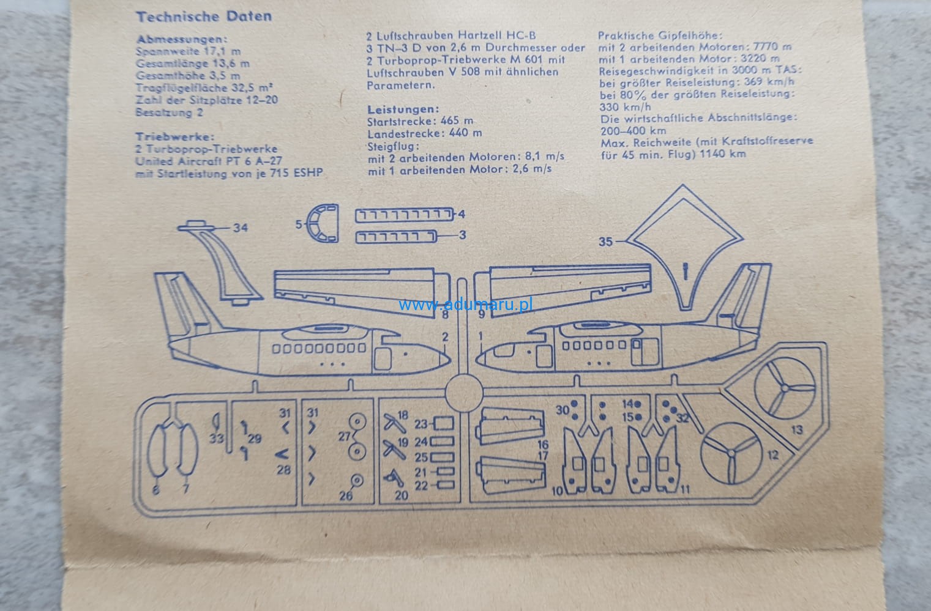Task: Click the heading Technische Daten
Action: coord(204,17)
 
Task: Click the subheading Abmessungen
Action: coord(182,39)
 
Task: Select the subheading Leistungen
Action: coord(403,109)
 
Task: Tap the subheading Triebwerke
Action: coord(175,137)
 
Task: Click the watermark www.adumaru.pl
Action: coord(466,304)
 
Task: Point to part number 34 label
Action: coord(241,228)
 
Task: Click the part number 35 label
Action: coord(605,242)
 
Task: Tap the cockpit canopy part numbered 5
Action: coord(323,224)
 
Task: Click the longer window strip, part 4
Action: coord(404,215)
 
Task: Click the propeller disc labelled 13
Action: coord(785,388)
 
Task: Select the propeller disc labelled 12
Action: coord(731,453)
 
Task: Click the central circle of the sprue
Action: coord(463,393)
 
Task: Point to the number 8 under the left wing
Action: coord(445,316)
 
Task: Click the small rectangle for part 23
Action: coord(443,423)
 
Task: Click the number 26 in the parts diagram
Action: coord(346,495)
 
